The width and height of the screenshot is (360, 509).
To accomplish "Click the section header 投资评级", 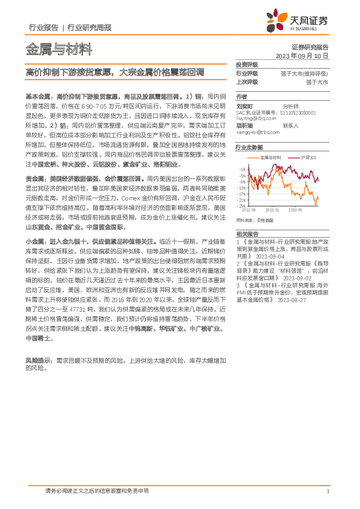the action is pyautogui.click(x=247, y=64).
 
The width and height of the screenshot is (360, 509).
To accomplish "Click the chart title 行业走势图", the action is pyautogui.click(x=249, y=147).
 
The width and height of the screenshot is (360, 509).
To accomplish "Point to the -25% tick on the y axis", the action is pyautogui.click(x=242, y=206).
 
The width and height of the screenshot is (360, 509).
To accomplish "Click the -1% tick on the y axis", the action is pyautogui.click(x=243, y=169).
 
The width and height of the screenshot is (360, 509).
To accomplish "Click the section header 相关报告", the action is pyautogui.click(x=247, y=233).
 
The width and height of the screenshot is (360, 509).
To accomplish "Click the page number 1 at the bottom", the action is pyautogui.click(x=327, y=491).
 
